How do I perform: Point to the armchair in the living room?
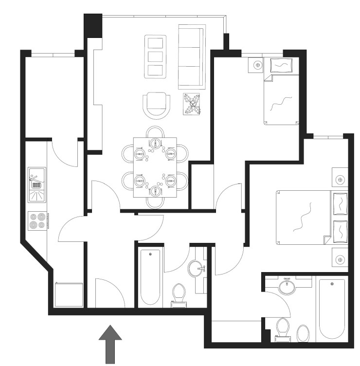click(x=157, y=104)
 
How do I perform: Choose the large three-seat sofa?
click(x=192, y=56)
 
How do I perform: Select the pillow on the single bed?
click(x=281, y=65)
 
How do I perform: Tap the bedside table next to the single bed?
click(x=256, y=65)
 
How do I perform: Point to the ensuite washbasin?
click(x=287, y=286)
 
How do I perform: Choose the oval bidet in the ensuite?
click(x=303, y=334)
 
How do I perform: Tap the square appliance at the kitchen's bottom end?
click(x=68, y=295)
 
